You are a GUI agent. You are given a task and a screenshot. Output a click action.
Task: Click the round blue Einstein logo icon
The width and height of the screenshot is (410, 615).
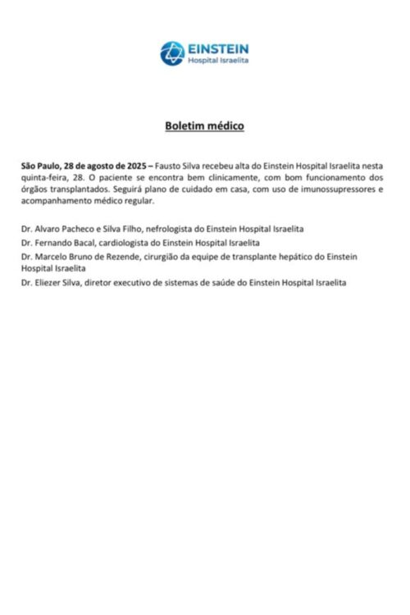[172, 53]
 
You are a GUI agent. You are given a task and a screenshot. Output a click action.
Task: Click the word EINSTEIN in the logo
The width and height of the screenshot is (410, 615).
[218, 49]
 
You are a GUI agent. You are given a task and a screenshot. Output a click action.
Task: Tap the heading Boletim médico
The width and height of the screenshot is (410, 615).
[204, 126]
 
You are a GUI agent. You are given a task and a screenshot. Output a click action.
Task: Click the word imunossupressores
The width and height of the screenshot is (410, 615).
[335, 189]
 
